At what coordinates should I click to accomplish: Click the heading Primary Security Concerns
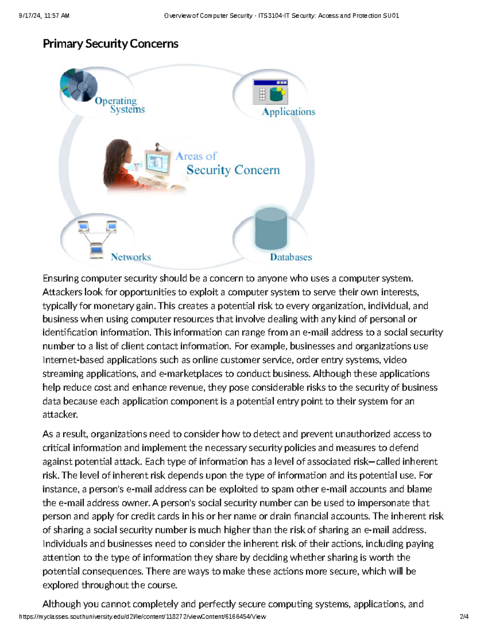click(110, 44)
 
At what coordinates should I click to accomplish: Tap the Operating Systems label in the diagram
click(120, 105)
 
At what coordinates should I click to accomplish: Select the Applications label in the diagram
click(288, 112)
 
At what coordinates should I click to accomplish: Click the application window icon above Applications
click(270, 92)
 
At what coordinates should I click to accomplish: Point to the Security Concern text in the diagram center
click(233, 170)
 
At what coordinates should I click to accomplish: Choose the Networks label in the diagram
click(131, 257)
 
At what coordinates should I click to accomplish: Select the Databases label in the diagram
click(291, 257)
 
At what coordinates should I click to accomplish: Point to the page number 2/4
click(464, 617)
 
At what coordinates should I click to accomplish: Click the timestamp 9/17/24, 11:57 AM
click(44, 16)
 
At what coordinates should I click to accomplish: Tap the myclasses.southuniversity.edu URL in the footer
click(142, 617)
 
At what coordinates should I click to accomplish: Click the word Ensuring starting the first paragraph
click(61, 278)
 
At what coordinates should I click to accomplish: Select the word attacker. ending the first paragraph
click(60, 415)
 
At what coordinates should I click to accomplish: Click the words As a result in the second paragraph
click(64, 434)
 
